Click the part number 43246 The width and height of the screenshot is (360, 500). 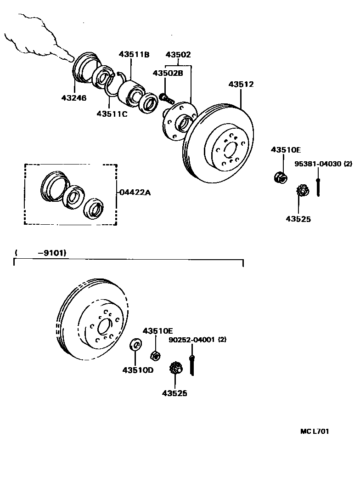coord(73,97)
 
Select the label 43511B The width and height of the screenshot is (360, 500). coord(134,55)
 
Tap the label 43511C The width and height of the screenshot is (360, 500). coord(112,114)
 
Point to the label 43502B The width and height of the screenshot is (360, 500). coord(168,73)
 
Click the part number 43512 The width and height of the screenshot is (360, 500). coord(241,85)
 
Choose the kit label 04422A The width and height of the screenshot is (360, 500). coord(135,193)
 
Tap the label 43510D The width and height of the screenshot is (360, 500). coord(138,370)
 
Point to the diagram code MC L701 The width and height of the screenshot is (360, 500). coord(315,431)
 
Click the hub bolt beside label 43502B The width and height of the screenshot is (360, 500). coord(166,98)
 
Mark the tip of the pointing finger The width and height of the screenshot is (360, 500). coord(71,58)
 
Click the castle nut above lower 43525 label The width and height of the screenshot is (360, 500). coord(176,368)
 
